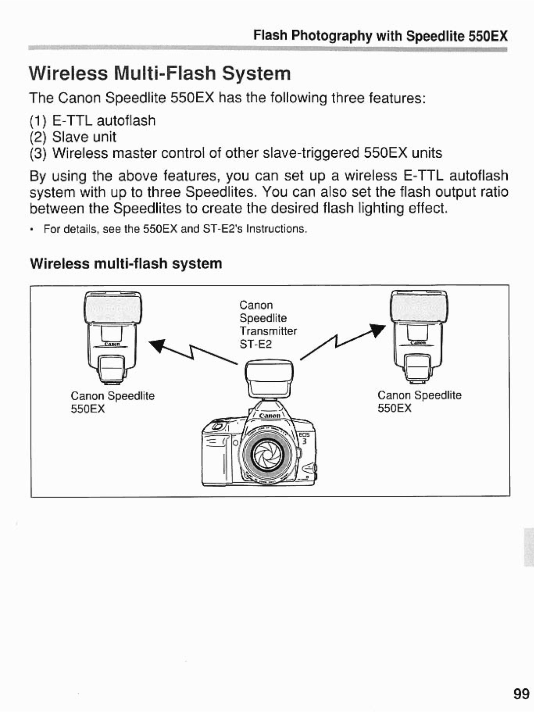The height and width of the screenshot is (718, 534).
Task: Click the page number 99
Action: pos(521,694)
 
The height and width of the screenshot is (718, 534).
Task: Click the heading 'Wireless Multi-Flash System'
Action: pos(160,73)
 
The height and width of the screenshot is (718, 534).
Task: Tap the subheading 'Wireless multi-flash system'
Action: pos(126,264)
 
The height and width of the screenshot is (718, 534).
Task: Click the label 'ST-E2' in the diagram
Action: pos(256,344)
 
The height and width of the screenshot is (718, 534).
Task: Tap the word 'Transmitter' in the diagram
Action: pos(268,331)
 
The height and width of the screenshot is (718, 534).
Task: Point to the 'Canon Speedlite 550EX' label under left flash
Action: pos(113,403)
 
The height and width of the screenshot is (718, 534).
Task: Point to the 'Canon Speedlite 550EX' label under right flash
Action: pos(419,402)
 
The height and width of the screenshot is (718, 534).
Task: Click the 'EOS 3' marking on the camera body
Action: pos(304,439)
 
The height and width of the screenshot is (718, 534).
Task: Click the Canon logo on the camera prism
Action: pos(268,416)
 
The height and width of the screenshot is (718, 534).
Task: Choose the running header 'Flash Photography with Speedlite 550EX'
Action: pos(380,36)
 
